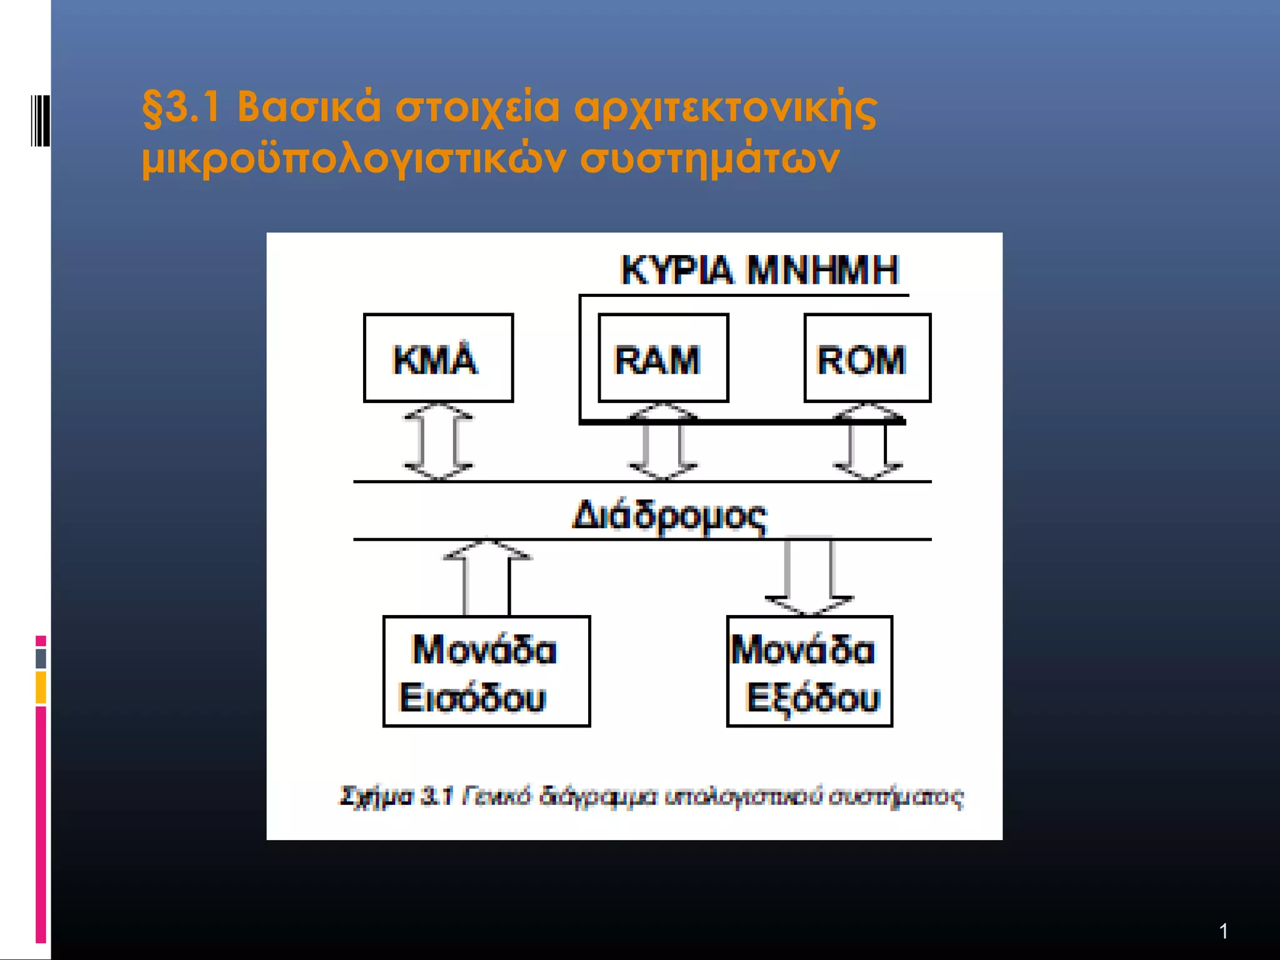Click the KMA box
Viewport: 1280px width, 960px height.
(438, 357)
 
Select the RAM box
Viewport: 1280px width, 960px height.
(663, 357)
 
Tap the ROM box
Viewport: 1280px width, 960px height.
(867, 357)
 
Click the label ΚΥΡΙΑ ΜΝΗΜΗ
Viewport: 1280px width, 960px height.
(759, 270)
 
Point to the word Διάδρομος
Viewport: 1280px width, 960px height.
(669, 516)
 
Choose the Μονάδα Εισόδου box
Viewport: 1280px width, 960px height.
(486, 671)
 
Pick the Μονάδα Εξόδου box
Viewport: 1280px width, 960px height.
(809, 671)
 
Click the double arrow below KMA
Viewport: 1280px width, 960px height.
(438, 441)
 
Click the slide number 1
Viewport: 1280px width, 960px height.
(1223, 931)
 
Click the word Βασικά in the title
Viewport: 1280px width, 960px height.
(309, 107)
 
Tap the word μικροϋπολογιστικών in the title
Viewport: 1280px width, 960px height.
(354, 159)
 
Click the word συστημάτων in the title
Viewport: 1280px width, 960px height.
(709, 159)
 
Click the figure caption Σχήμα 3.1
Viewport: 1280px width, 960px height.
(395, 797)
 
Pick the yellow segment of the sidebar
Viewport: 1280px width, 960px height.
(41, 687)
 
